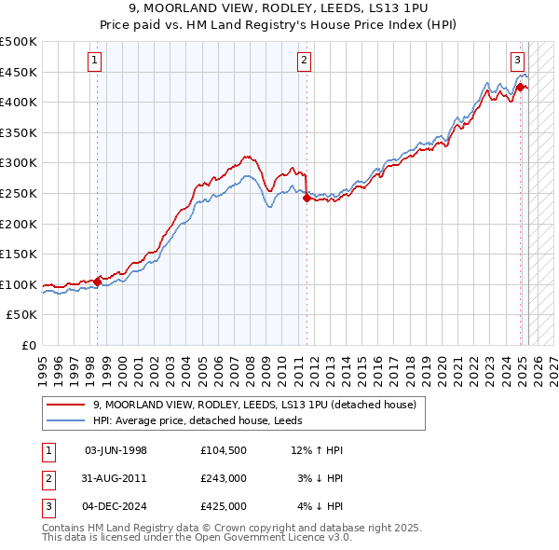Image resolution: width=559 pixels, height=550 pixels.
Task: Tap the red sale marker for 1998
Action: point(97,282)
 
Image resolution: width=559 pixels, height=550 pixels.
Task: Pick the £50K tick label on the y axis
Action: point(22,315)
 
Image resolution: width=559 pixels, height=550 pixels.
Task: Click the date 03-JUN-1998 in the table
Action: point(116,450)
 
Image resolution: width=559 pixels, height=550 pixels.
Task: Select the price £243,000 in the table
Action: point(223,478)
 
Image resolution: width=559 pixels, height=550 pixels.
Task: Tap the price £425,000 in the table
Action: point(223,506)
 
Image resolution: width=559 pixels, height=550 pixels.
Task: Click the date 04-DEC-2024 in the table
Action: point(116,506)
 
